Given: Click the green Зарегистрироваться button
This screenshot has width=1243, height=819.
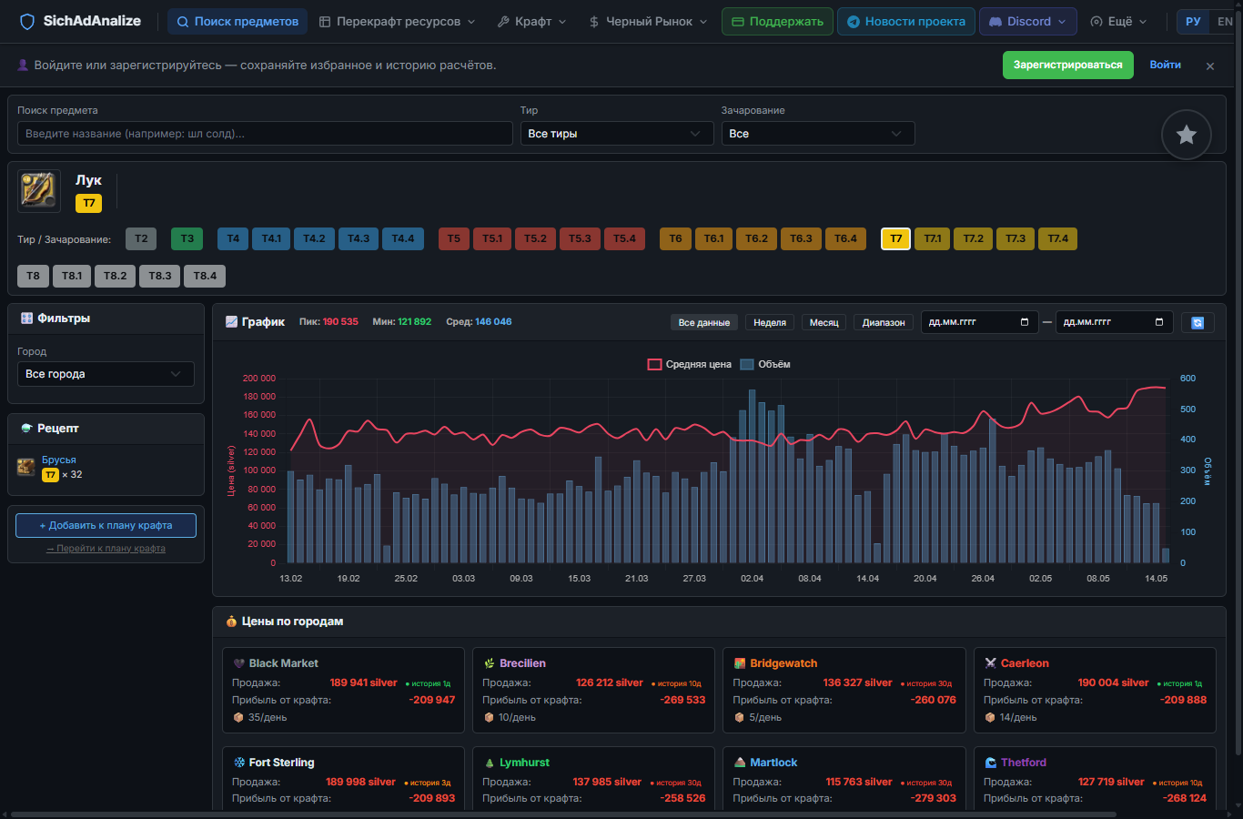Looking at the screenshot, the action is point(1067,65).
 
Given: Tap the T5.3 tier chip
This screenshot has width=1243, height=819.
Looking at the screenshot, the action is point(580,238).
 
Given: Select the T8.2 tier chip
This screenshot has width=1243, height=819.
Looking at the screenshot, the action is point(115,276).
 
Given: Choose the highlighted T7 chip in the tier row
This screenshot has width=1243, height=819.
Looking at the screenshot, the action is point(895,238).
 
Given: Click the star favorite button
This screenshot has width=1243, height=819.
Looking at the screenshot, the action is point(1186,135).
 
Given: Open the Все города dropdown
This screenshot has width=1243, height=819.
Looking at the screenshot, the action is point(106,374).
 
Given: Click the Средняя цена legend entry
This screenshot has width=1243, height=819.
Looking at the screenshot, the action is point(689,365).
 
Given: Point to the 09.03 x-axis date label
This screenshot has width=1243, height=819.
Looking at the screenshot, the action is point(521,578).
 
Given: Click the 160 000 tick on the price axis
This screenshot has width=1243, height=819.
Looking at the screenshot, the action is point(258,415).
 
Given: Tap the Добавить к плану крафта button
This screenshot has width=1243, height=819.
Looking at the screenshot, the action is point(106,525).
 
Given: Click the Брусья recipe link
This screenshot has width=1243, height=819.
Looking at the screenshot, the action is point(59,460).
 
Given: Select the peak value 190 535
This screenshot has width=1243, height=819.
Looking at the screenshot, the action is point(340,322).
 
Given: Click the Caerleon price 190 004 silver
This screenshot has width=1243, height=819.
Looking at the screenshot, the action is point(1113,683).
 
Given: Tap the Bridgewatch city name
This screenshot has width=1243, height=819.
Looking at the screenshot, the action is point(783,663).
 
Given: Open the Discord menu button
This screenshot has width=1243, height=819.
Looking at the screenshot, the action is point(1027,22).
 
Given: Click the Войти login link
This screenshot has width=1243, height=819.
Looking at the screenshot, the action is point(1165,65).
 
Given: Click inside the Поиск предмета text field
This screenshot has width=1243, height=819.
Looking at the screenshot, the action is point(265,134).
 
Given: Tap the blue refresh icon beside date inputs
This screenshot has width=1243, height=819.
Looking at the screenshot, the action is point(1197,323).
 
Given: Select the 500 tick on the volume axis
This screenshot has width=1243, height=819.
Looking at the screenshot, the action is point(1187,409).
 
